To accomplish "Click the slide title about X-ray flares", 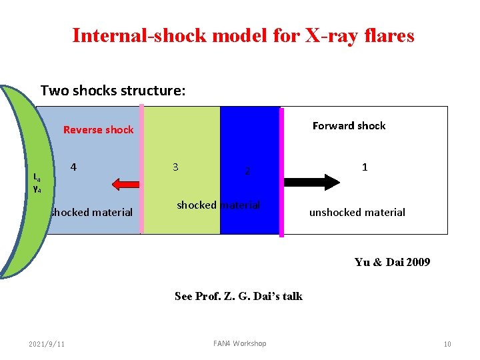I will tap(243, 35).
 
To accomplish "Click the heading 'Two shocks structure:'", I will tap(113, 90).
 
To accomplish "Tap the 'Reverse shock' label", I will tap(98, 130).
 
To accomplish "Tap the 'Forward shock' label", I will tap(349, 125).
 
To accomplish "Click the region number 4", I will tap(73, 167).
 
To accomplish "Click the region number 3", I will tap(175, 167).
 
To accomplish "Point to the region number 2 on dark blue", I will tap(247, 171).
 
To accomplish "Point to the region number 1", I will tap(365, 167).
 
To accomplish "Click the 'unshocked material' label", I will tap(357, 213).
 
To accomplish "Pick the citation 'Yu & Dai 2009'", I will tap(392, 262).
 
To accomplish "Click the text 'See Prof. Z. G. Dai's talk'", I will tap(238, 296).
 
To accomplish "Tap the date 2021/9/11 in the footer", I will tap(47, 344).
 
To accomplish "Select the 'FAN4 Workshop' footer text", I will tap(239, 343).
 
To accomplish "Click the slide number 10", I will tap(447, 344).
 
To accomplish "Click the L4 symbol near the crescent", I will tap(37, 178).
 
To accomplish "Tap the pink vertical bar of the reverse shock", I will tap(141, 170).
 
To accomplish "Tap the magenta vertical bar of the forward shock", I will tap(281, 172).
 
